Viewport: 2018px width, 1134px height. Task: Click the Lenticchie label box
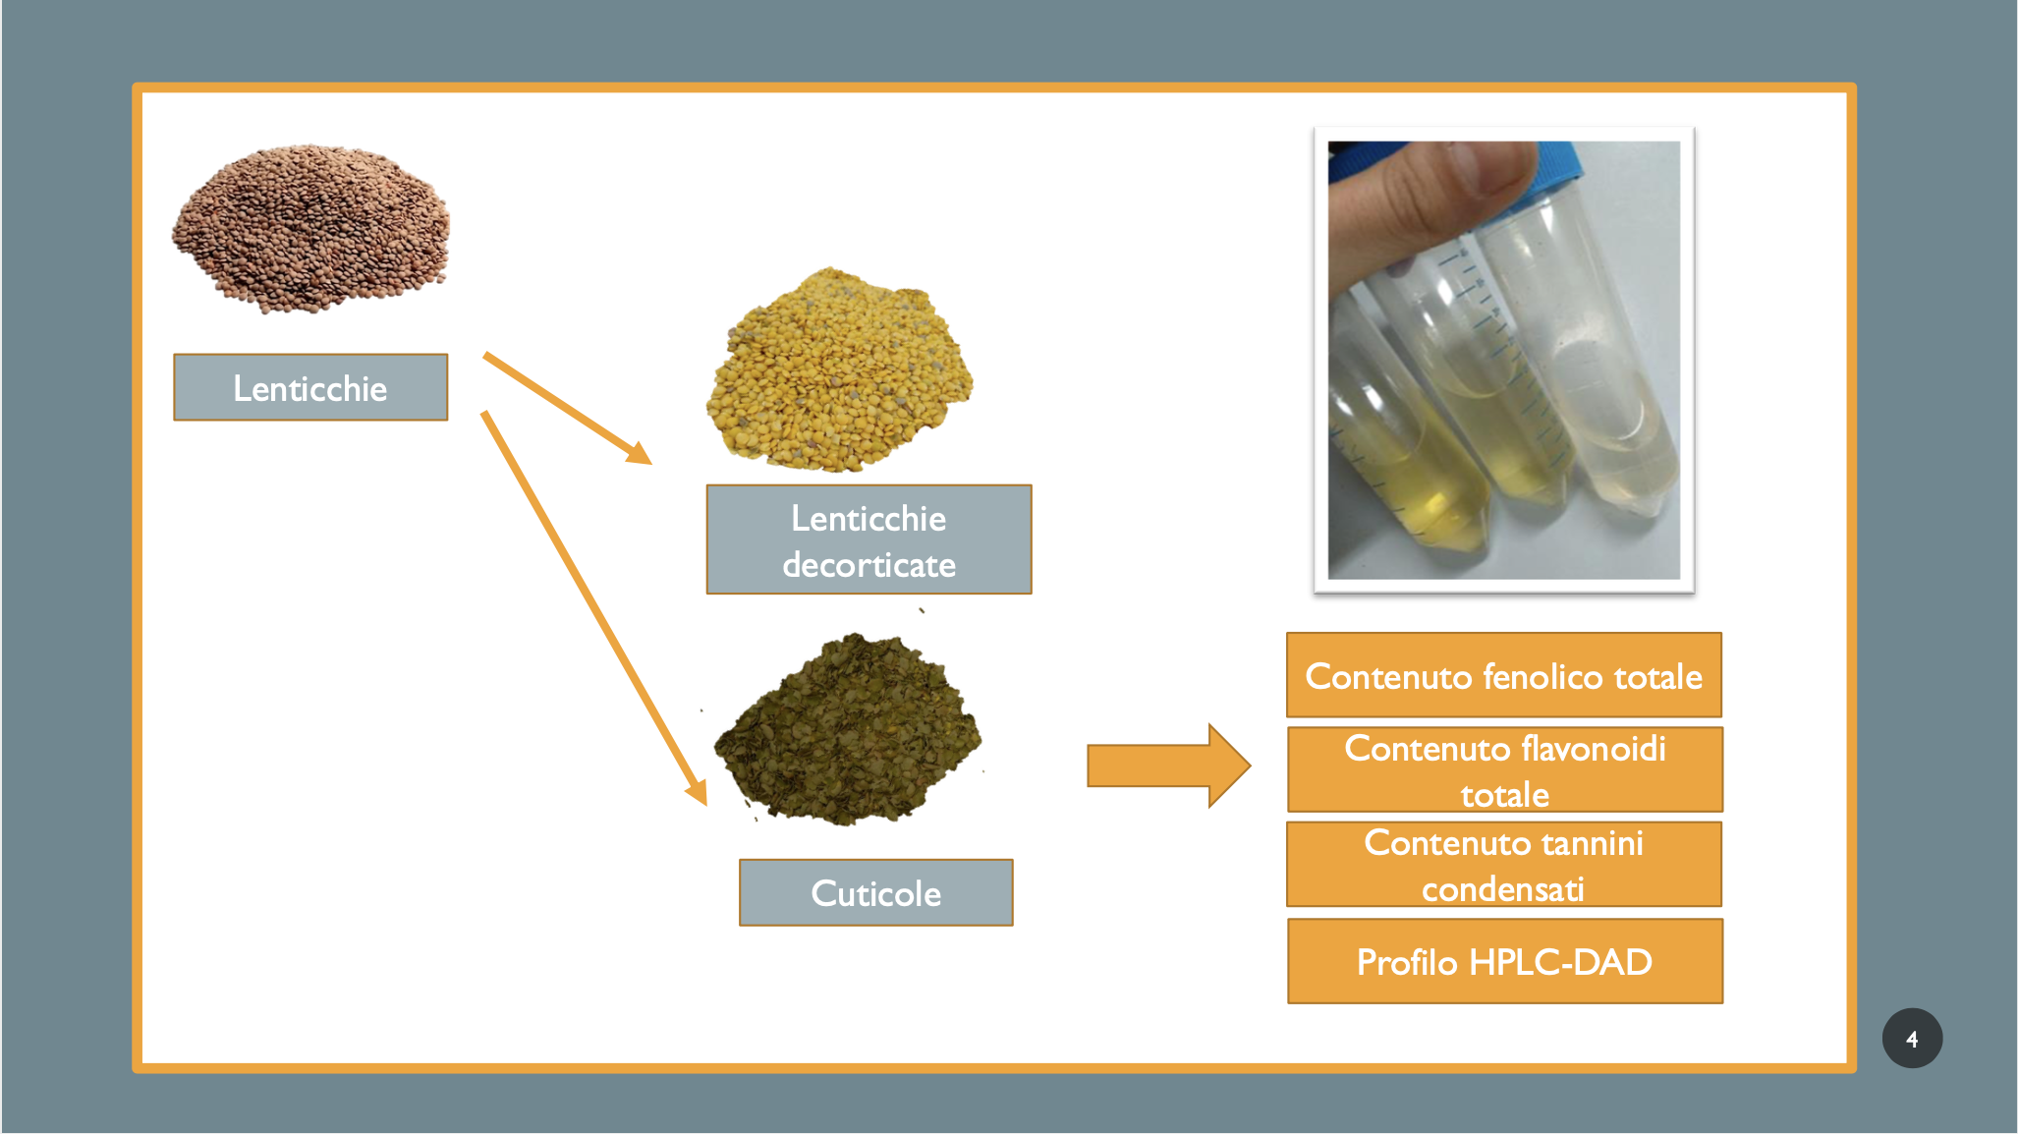310,387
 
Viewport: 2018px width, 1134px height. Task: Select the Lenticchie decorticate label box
869,539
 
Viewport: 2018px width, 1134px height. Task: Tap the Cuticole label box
875,892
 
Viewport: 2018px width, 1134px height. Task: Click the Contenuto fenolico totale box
1503,675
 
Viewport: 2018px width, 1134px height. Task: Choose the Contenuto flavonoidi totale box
1504,769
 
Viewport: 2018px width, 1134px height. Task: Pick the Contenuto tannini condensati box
1503,865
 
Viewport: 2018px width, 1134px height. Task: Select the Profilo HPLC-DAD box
1504,961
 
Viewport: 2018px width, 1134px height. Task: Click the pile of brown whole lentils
310,229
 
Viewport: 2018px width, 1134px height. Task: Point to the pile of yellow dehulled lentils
839,369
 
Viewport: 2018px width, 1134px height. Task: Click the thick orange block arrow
1168,765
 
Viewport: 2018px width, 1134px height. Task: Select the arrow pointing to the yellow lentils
568,408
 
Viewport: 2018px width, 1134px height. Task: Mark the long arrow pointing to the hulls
593,608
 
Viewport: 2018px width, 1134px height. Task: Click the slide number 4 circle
1912,1039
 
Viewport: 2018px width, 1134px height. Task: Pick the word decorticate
869,565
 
